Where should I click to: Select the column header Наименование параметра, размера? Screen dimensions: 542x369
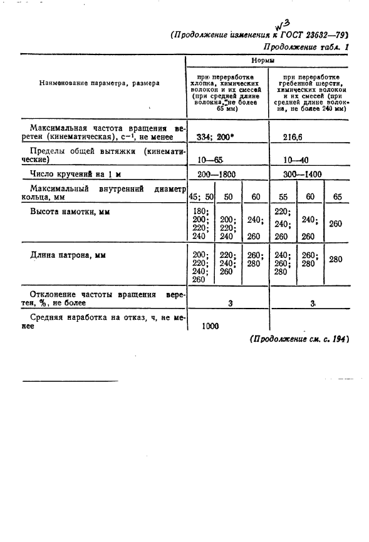99,82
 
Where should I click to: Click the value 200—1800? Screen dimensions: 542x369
216,176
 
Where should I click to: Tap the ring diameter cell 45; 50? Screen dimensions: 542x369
200,197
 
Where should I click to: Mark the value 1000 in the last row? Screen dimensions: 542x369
214,325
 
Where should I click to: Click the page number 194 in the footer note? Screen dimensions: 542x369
336,339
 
